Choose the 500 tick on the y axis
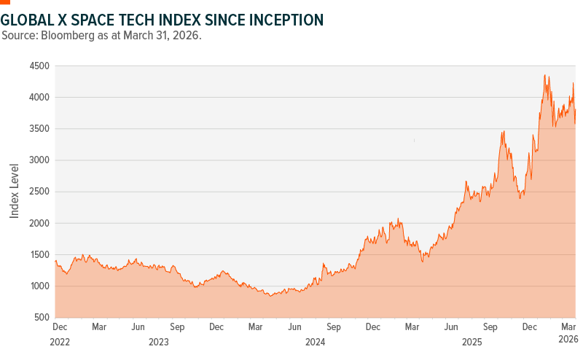click(42, 318)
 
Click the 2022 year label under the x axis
click(60, 341)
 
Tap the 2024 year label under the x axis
click(315, 341)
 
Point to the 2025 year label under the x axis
click(473, 341)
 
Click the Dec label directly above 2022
click(60, 328)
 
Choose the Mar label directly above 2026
click(568, 328)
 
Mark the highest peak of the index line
click(544, 74)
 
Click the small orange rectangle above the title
click(5, 3)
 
